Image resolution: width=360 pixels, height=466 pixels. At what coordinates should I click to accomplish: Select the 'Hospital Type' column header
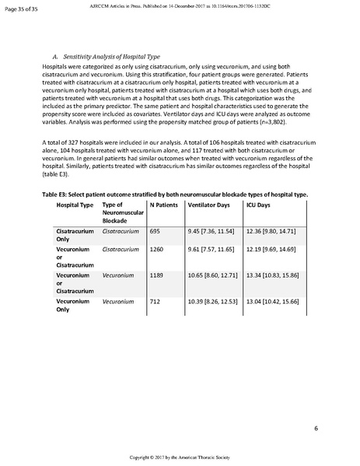pyautogui.click(x=75, y=204)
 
